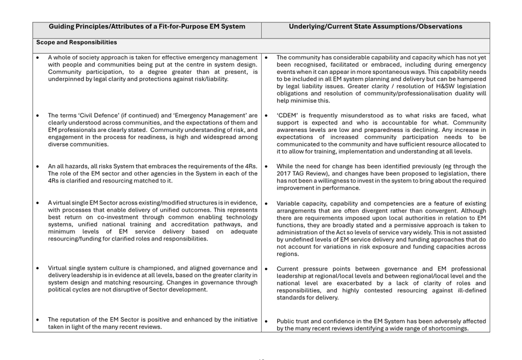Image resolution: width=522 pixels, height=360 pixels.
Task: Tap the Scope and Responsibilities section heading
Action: coord(76,43)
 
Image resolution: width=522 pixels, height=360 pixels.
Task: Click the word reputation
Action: coord(76,319)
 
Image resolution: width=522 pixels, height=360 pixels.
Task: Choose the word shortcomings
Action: coord(449,328)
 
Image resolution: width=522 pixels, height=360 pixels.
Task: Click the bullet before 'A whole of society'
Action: coord(38,58)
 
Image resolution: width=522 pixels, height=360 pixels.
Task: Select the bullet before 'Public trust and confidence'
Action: coord(266,321)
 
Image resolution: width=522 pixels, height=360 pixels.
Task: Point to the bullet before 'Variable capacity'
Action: coord(266,204)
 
